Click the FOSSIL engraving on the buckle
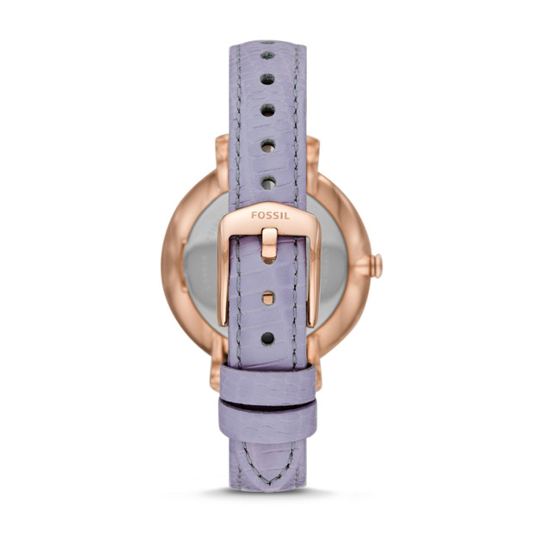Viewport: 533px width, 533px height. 270,216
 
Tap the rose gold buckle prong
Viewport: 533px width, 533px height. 269,246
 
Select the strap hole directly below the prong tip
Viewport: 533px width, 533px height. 268,298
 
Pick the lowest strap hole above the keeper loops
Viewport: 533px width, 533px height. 267,338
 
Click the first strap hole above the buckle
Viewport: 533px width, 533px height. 268,183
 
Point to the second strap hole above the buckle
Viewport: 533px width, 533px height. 268,146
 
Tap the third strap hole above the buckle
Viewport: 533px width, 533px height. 267,110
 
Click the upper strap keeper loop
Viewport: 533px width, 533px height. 267,383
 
